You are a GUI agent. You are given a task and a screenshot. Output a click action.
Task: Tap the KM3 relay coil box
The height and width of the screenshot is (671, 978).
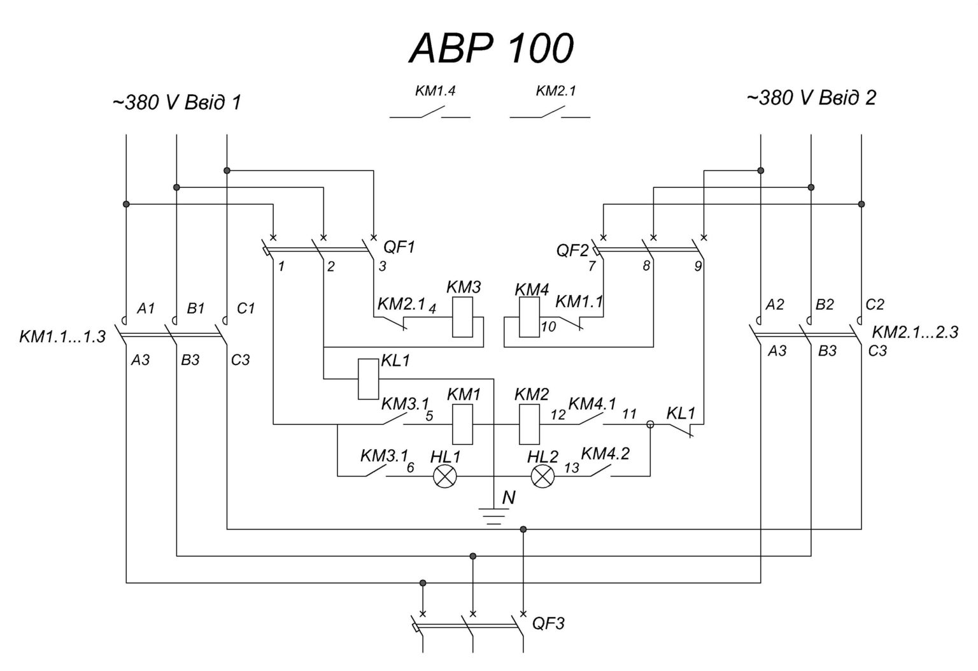click(462, 317)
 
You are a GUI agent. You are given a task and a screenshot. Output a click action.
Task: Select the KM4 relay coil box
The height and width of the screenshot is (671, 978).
click(529, 317)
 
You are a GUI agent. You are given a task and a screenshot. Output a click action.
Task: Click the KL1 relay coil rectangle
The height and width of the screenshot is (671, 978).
click(368, 379)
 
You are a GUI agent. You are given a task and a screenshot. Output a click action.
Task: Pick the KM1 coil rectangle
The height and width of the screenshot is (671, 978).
click(462, 424)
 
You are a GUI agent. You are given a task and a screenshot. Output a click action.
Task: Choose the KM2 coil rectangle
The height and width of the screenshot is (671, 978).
click(529, 424)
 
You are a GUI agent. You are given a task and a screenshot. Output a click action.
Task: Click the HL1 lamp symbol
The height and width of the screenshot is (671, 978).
click(444, 477)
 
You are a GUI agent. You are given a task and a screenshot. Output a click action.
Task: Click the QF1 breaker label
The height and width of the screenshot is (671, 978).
click(399, 247)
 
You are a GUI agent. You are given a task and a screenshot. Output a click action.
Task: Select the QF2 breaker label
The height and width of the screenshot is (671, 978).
click(572, 250)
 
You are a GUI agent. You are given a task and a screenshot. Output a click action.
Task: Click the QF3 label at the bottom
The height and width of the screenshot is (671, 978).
click(548, 623)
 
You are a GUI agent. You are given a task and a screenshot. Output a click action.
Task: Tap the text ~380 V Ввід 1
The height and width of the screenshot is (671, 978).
click(176, 103)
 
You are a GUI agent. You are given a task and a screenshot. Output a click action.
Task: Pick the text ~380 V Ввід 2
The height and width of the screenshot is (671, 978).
click(811, 97)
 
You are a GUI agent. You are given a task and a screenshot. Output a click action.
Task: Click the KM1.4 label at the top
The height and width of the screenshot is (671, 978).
click(435, 91)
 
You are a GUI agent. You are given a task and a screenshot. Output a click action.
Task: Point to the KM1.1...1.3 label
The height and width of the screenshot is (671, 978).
click(62, 336)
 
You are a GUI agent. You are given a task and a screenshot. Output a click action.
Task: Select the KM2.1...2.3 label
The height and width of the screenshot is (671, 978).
click(914, 332)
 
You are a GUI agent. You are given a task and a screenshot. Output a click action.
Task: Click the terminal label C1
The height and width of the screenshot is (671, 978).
click(246, 308)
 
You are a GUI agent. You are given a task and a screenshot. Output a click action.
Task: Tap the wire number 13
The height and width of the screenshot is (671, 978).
click(571, 468)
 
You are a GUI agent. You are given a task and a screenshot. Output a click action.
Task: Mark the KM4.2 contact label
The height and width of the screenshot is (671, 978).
click(605, 454)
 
